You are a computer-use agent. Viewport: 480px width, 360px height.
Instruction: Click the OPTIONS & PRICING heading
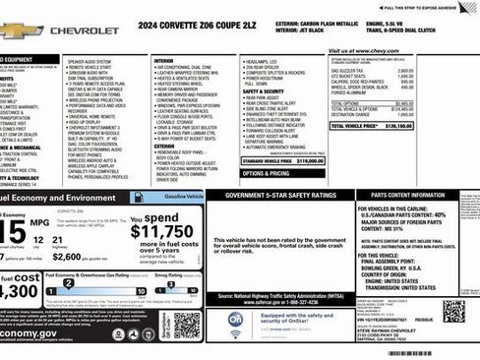coord(266,172)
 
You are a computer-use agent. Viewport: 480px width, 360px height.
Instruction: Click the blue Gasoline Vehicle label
coord(176,197)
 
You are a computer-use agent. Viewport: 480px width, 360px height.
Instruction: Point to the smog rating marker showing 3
coord(169,284)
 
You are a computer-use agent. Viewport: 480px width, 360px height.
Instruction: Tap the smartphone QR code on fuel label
coord(187,325)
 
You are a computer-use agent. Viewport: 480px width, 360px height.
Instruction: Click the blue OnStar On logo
coord(237,319)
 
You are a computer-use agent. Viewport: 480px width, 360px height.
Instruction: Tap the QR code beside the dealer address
coord(452,311)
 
